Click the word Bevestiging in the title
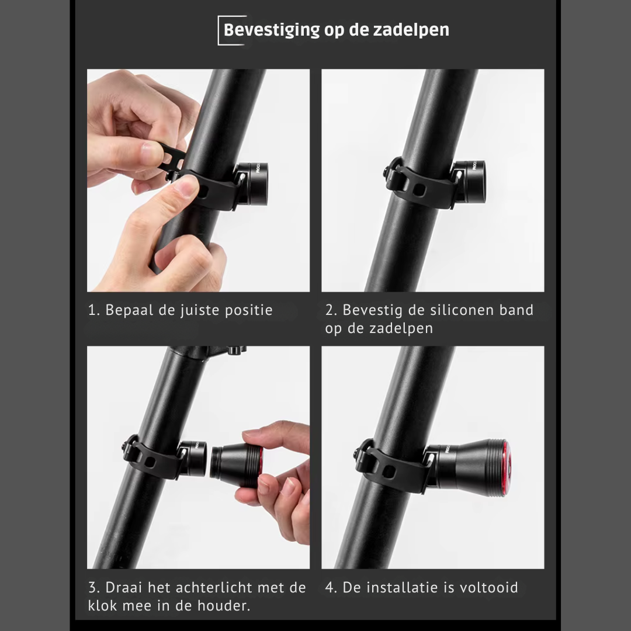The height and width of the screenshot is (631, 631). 272,30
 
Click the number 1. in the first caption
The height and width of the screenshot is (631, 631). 94,310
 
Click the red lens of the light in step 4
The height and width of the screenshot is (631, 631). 505,468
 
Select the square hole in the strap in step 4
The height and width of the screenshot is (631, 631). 388,471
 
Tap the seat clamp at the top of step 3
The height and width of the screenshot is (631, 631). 209,352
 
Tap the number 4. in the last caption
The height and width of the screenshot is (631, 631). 331,588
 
